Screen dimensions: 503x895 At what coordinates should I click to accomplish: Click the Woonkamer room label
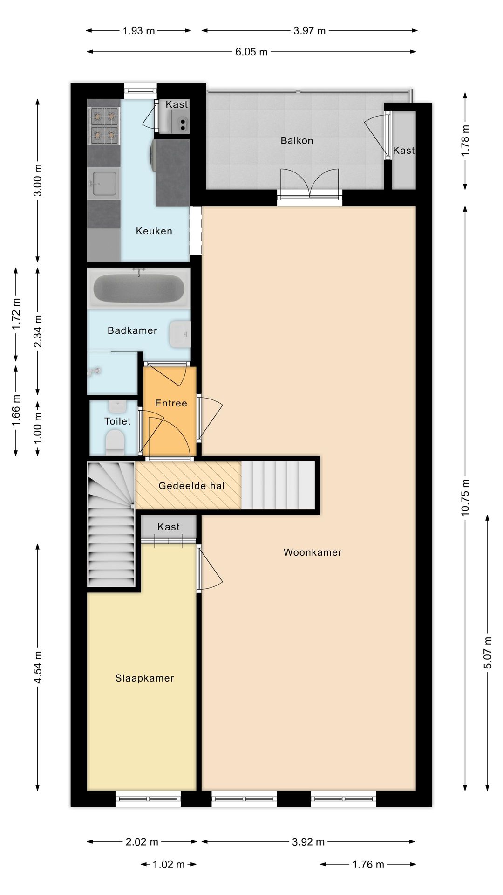(x=313, y=552)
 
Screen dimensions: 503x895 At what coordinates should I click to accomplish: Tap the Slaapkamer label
(x=145, y=679)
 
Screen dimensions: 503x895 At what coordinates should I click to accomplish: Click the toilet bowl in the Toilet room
(x=115, y=441)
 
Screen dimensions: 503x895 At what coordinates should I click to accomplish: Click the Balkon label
(x=297, y=141)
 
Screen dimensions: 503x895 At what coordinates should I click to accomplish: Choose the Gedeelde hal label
(x=191, y=486)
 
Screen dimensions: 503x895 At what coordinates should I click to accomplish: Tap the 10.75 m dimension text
(x=465, y=497)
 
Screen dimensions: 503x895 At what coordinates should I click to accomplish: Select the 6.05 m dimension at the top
(x=251, y=52)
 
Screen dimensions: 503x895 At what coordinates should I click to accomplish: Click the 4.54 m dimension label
(x=38, y=668)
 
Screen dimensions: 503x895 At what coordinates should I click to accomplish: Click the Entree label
(x=171, y=403)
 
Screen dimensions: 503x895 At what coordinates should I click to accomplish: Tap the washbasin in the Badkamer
(x=180, y=334)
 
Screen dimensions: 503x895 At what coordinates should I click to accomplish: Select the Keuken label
(x=154, y=231)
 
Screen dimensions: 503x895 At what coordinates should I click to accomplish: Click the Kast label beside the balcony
(x=404, y=151)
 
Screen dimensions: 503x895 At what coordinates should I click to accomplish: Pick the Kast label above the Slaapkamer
(x=169, y=527)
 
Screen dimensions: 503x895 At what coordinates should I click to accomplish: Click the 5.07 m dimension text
(x=488, y=653)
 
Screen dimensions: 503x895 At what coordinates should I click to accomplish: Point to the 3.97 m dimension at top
(x=310, y=31)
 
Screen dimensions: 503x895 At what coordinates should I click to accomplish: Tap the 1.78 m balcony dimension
(x=465, y=141)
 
